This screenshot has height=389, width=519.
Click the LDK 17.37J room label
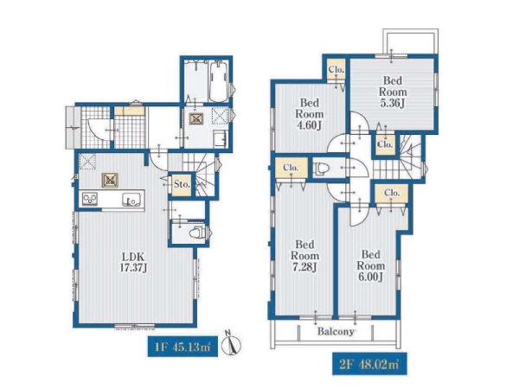(133, 262)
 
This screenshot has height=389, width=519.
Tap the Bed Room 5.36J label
(393, 92)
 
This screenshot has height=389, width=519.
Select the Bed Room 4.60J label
(310, 114)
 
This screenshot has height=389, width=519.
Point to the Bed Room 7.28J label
(304, 256)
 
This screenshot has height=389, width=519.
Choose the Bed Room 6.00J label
(371, 265)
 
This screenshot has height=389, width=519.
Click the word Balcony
(336, 331)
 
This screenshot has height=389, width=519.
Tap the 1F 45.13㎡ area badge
(183, 347)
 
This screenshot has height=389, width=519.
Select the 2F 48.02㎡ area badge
(369, 364)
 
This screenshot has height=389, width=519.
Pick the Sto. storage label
(182, 184)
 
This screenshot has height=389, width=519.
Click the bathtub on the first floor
(219, 82)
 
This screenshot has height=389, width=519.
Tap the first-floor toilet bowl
(196, 233)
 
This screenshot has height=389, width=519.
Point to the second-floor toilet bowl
(321, 169)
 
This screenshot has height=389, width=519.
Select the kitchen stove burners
(90, 199)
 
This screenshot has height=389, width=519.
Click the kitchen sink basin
(131, 200)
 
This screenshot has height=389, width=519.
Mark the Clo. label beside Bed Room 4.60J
(336, 70)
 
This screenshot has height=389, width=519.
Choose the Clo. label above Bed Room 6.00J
(392, 193)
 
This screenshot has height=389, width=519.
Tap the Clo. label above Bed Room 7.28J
(291, 168)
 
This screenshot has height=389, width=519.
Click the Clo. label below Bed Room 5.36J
(385, 144)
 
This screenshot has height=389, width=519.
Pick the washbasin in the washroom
(220, 138)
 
